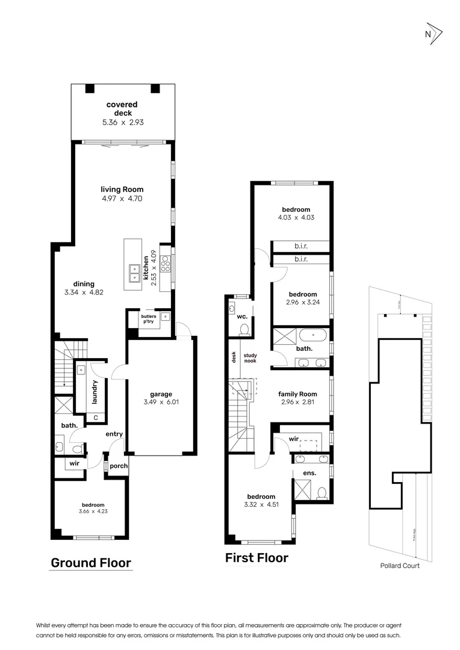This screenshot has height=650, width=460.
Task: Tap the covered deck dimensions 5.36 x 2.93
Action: pos(122,122)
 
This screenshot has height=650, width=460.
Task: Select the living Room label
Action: pos(122,190)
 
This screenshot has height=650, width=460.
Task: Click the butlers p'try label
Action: pos(148,319)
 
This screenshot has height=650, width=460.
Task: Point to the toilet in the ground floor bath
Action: pos(76,448)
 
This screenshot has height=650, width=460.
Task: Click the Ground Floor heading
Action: pos(90,563)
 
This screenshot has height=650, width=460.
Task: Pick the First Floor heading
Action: pos(256,558)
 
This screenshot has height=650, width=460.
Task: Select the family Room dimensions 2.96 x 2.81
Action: pos(297,403)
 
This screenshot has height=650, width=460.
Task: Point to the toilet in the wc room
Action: pos(244,329)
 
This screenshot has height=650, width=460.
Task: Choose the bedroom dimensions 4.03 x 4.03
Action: pos(296,218)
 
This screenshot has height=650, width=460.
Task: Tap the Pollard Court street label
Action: pos(399,566)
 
